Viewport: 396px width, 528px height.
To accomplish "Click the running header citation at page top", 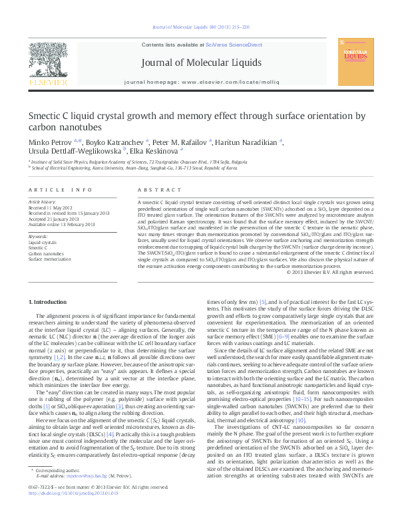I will coord(198,27).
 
